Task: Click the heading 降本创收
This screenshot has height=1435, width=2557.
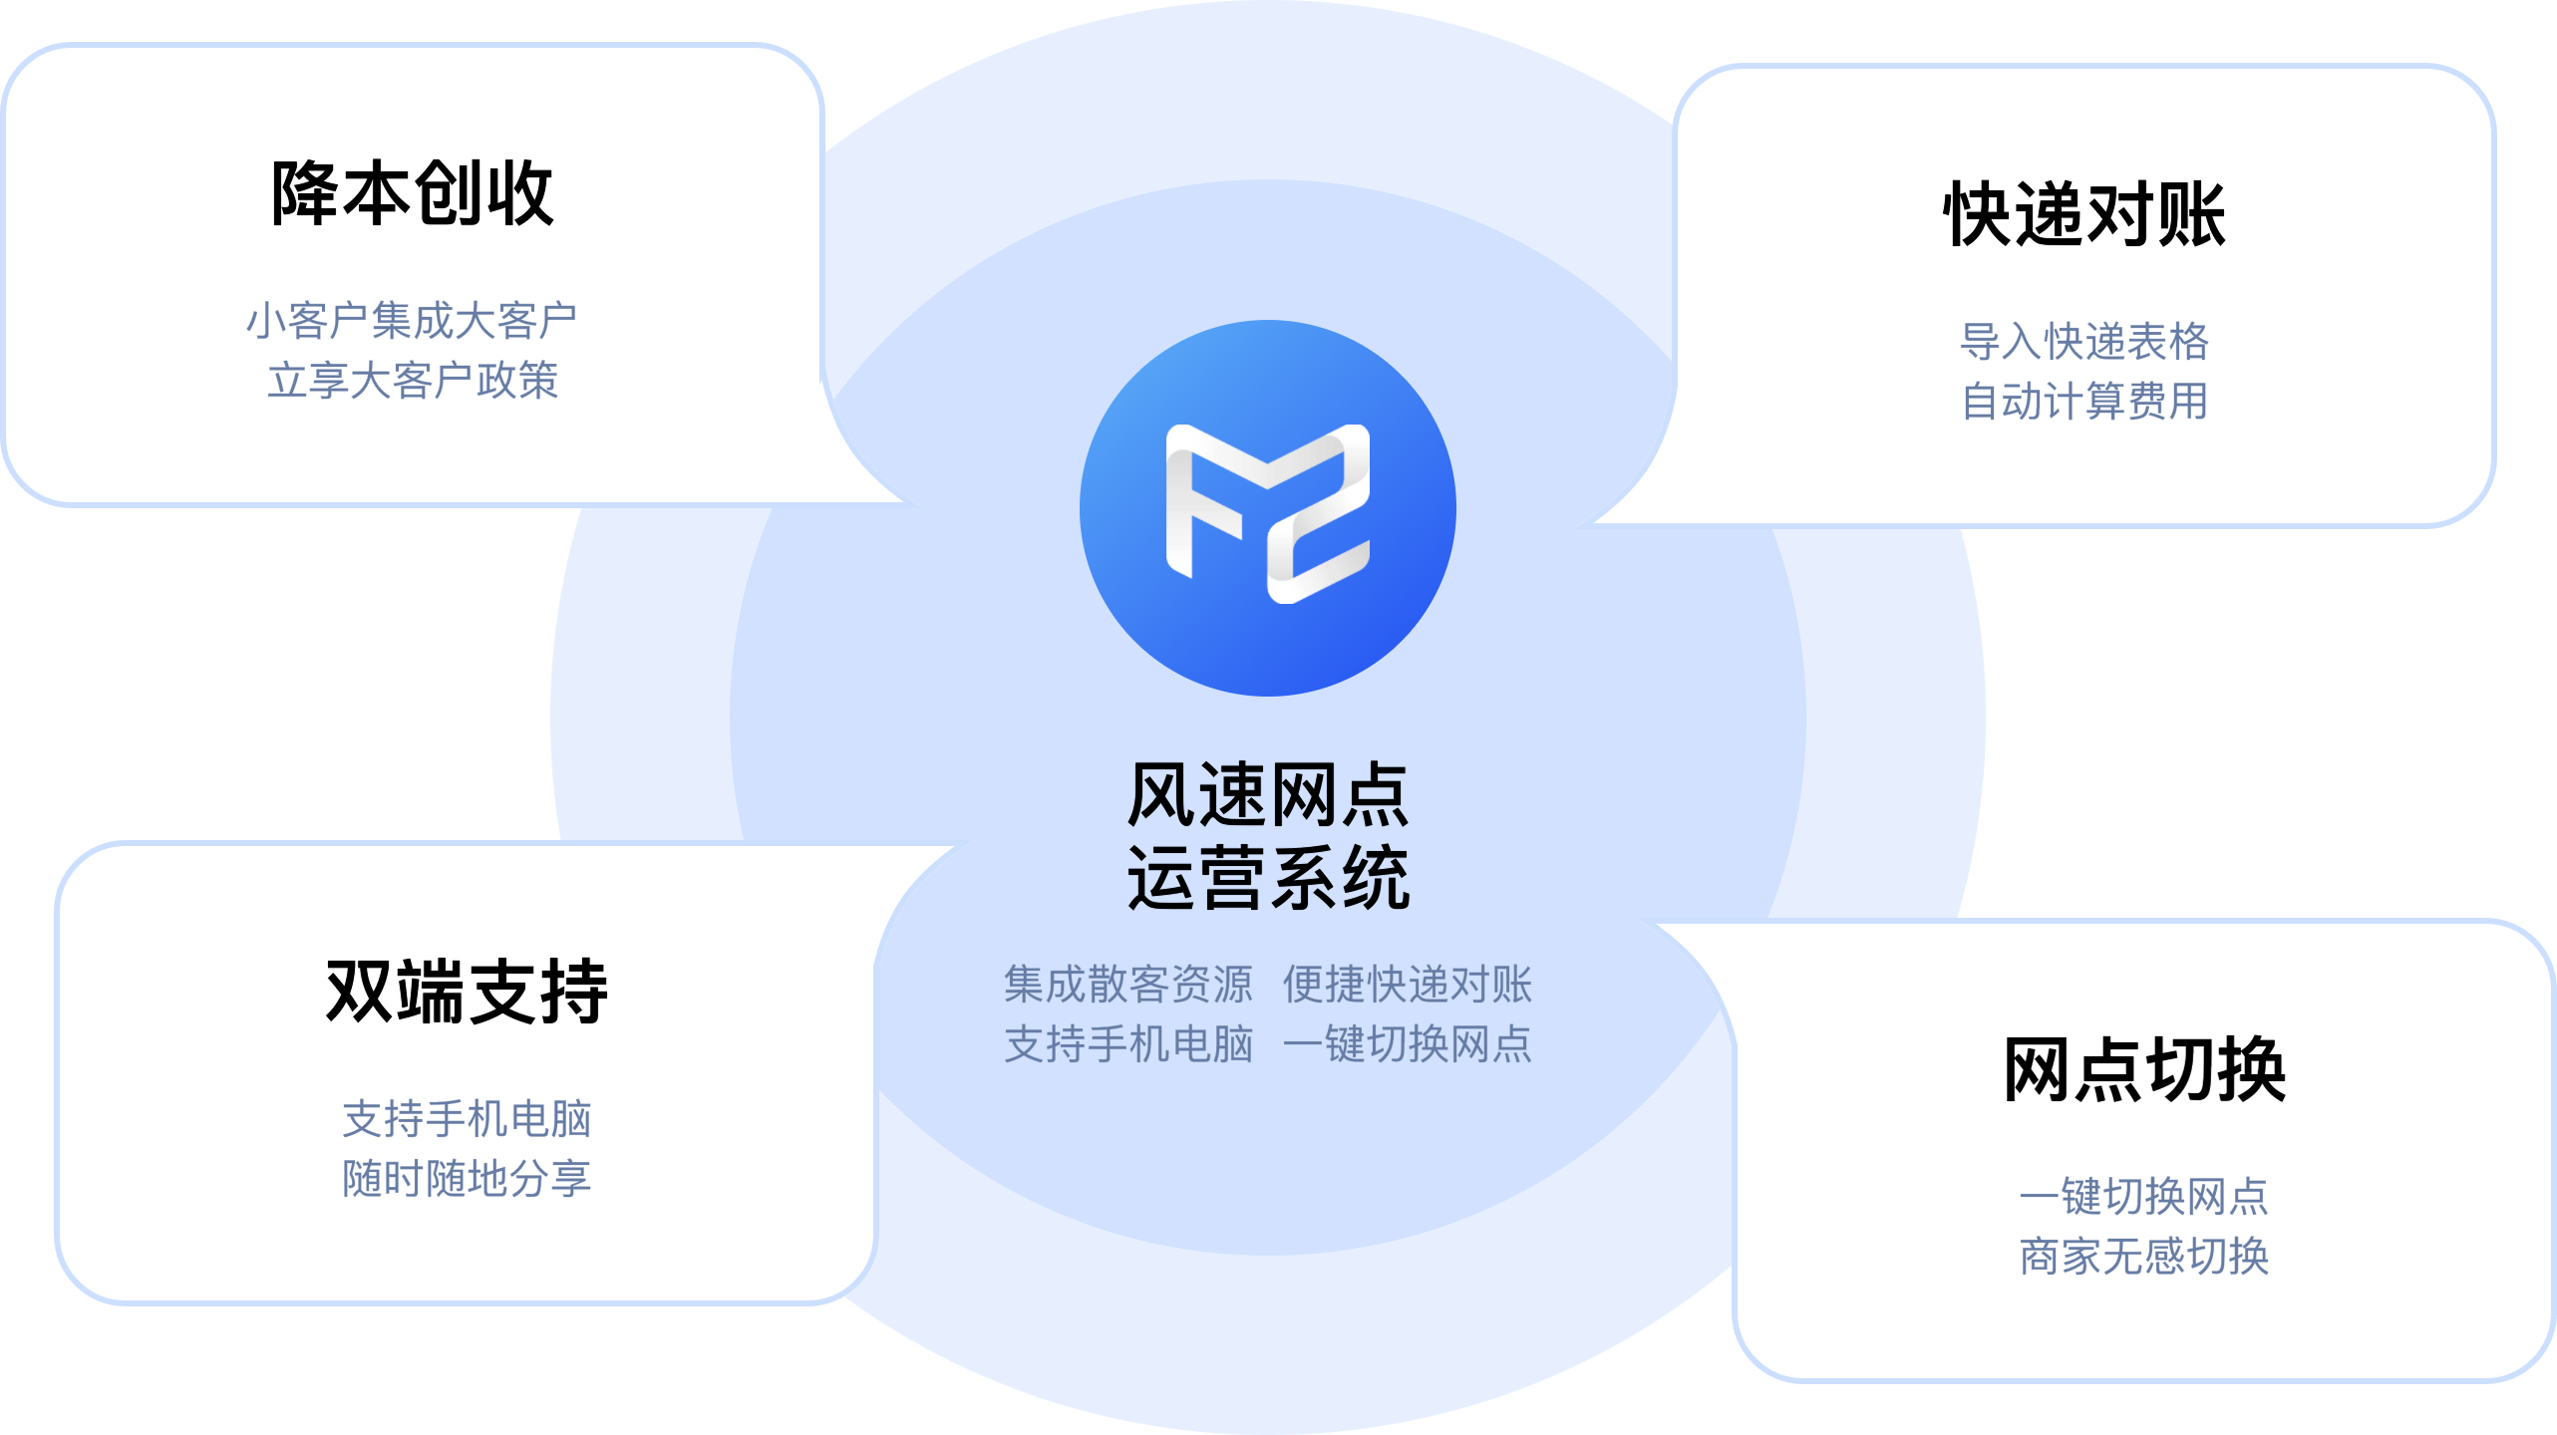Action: pos(412,193)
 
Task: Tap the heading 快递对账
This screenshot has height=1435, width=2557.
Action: pos(2084,214)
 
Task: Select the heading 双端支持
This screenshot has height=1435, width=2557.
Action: pos(467,991)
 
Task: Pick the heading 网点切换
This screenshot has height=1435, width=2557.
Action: pos(2144,1069)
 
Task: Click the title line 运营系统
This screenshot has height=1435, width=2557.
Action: pos(1267,878)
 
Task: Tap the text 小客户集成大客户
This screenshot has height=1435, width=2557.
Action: pos(412,321)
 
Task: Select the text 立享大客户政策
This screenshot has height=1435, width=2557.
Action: pos(412,381)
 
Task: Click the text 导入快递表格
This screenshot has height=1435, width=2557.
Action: pos(2084,342)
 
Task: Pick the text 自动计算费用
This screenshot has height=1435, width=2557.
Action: pos(2084,402)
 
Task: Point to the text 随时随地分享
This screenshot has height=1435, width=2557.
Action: pos(467,1179)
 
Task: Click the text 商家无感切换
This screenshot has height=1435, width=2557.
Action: pos(2144,1256)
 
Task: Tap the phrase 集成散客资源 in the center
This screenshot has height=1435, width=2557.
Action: pos(1127,985)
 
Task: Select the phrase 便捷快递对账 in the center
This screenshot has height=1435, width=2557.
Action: pos(1407,985)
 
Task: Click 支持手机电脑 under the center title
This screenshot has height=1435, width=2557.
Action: pos(1127,1044)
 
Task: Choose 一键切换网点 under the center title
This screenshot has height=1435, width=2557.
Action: pos(1407,1044)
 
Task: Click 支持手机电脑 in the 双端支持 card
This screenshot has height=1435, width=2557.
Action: pos(467,1119)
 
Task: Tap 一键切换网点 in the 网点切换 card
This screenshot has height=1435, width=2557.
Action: pos(2144,1196)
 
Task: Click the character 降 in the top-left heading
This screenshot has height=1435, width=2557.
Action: pos(305,193)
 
